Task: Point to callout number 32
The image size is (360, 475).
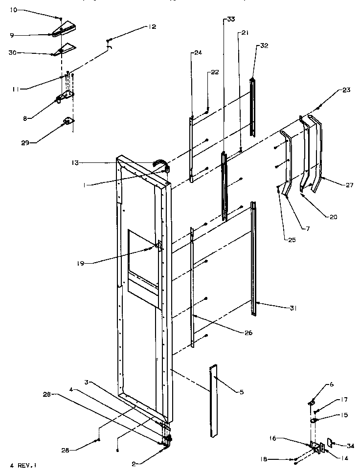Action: coord(264,45)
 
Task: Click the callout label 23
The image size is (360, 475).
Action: coord(346,90)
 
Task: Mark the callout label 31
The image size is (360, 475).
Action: coord(293,308)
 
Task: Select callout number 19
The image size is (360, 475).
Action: coord(80,263)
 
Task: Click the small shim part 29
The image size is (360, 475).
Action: coord(67,121)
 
